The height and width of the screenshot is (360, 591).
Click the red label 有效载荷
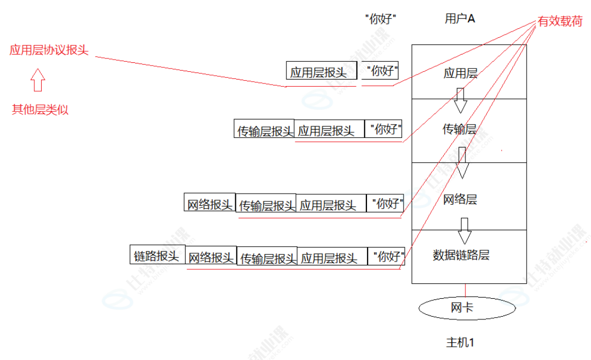[559, 22]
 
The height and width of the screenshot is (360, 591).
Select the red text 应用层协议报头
[48, 51]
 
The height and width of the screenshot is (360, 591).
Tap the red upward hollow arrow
[37, 80]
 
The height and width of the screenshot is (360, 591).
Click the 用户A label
[460, 19]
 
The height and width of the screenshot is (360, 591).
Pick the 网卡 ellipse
[462, 307]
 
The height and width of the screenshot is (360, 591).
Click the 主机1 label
[460, 342]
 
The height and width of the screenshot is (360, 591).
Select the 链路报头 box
[157, 255]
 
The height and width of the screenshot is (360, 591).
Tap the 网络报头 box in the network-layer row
[210, 204]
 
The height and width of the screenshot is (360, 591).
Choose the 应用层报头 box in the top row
[321, 71]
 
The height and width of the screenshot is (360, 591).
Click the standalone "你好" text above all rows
[384, 19]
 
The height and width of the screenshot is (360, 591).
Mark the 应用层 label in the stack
[460, 73]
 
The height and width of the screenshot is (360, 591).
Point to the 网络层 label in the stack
[460, 199]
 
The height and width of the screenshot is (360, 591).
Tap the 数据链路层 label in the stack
[461, 255]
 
